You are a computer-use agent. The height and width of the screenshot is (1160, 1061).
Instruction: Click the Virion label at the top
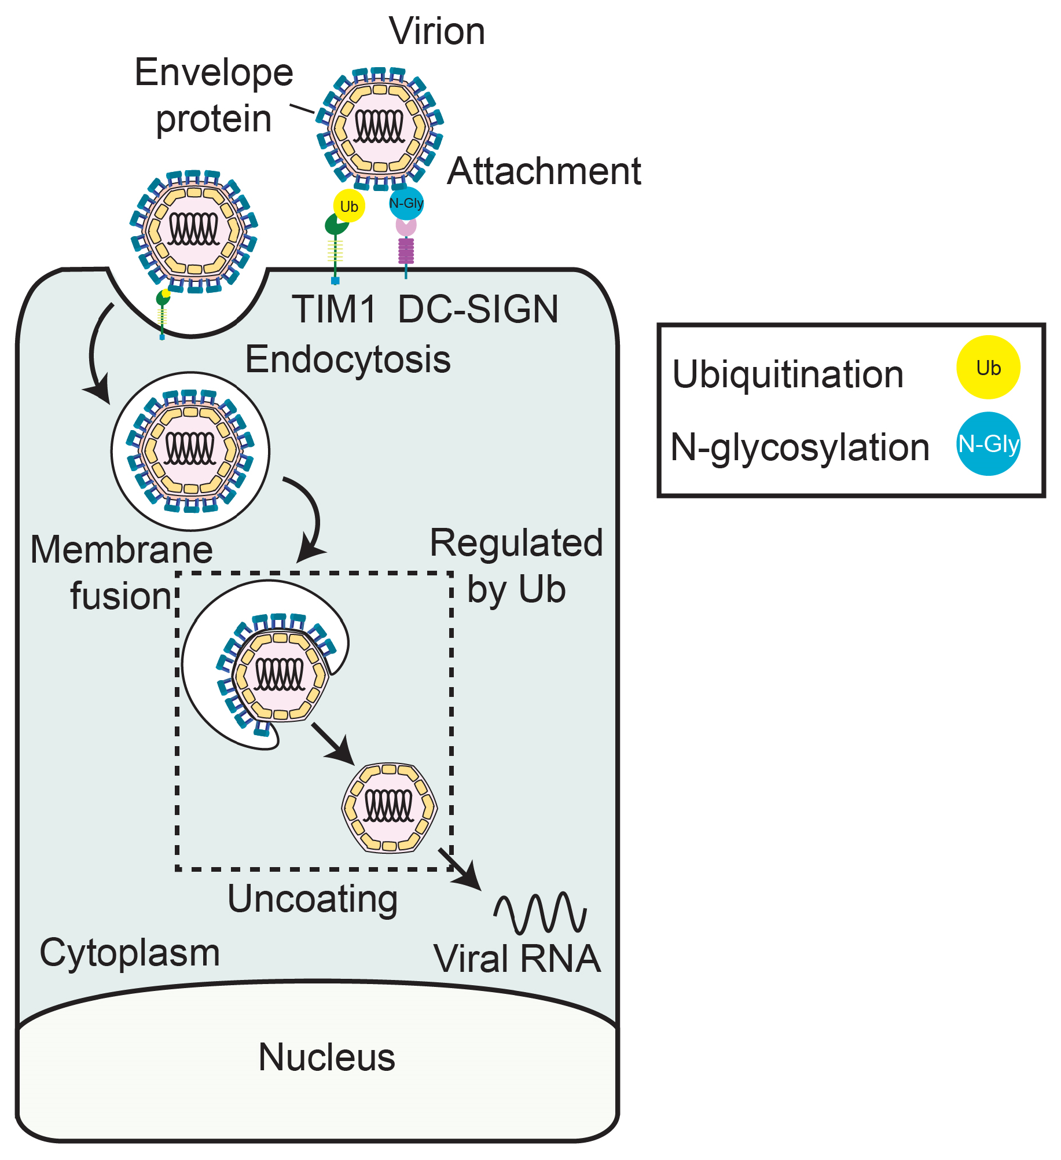(437, 31)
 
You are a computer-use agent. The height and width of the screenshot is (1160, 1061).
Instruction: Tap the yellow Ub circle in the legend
(987, 368)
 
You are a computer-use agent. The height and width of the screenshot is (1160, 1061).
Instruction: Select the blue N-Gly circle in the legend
(987, 444)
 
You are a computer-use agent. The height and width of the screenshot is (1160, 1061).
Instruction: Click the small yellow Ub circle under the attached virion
(349, 206)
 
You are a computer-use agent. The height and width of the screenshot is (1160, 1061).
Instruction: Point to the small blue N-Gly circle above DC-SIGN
(406, 203)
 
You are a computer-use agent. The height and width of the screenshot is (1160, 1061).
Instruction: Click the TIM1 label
(335, 309)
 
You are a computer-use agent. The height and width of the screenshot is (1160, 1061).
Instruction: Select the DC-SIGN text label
(478, 309)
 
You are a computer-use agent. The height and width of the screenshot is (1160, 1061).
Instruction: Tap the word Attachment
(544, 171)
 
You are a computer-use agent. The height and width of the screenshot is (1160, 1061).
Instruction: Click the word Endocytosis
(348, 359)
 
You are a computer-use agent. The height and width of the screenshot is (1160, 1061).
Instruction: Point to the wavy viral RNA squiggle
(540, 913)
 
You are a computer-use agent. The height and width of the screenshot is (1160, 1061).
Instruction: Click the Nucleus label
(326, 1057)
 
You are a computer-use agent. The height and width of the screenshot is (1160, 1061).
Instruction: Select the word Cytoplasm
(130, 952)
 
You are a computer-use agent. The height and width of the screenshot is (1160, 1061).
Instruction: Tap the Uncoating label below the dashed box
(313, 898)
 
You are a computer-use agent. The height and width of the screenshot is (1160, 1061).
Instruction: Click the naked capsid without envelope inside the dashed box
(390, 807)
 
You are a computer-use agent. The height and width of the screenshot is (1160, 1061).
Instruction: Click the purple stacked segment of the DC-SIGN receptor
(406, 250)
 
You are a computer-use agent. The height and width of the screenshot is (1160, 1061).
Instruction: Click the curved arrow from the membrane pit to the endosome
(94, 353)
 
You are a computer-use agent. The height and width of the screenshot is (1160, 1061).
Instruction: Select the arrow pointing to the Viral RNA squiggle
(460, 869)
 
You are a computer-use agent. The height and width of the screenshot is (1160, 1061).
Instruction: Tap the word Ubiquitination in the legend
(788, 375)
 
